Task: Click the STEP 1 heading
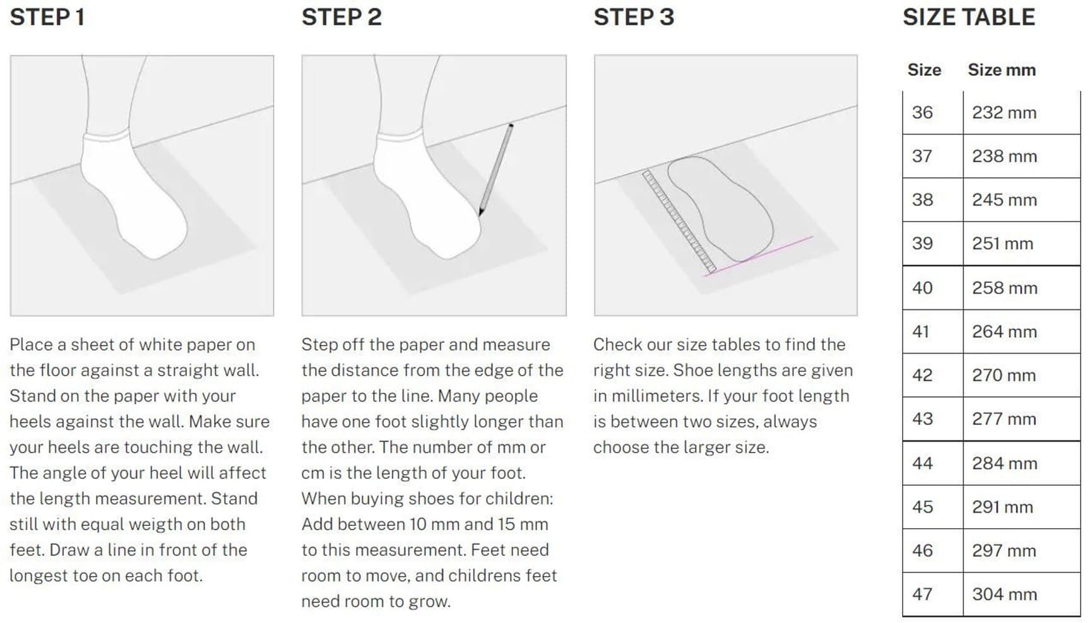click(47, 17)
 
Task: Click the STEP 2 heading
click(341, 17)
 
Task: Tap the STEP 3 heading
click(634, 17)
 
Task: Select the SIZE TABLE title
click(968, 17)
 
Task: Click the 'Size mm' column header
click(1002, 70)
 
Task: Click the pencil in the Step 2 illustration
click(496, 169)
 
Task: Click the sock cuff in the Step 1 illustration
click(107, 135)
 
